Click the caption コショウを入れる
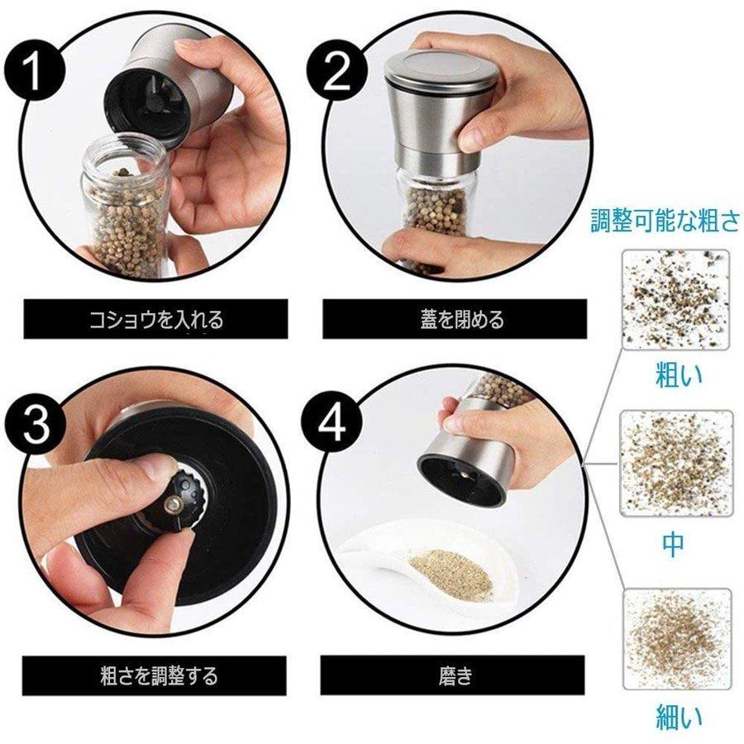click(155, 319)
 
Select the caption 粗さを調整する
click(159, 675)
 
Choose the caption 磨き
click(455, 675)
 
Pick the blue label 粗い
click(679, 374)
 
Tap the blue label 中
click(673, 545)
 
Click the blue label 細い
click(679, 717)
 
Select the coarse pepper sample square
click(675, 300)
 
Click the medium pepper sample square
click(676, 464)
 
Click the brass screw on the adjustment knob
click(172, 506)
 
